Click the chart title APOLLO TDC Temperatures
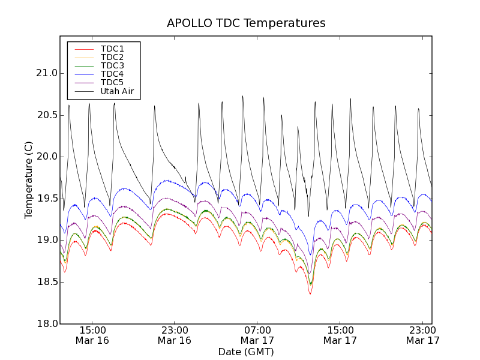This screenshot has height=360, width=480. pyautogui.click(x=246, y=23)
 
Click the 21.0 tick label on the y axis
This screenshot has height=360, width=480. pyautogui.click(x=46, y=73)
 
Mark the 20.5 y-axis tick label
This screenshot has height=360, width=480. pyautogui.click(x=46, y=115)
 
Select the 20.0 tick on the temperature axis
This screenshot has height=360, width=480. pyautogui.click(x=46, y=157)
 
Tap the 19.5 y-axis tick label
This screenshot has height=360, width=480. pyautogui.click(x=46, y=199)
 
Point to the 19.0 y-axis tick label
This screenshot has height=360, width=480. pyautogui.click(x=46, y=240)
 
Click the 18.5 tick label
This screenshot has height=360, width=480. pyautogui.click(x=46, y=282)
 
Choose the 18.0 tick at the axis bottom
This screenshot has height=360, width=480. pyautogui.click(x=46, y=324)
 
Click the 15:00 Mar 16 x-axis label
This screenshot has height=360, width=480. pyautogui.click(x=92, y=335)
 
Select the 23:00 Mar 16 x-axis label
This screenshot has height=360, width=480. pyautogui.click(x=175, y=335)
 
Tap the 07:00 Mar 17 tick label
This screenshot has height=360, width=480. pyautogui.click(x=257, y=335)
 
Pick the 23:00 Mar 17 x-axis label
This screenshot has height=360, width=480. pyautogui.click(x=422, y=335)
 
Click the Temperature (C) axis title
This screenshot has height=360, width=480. pyautogui.click(x=29, y=180)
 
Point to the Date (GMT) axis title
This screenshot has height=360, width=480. pyautogui.click(x=246, y=352)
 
